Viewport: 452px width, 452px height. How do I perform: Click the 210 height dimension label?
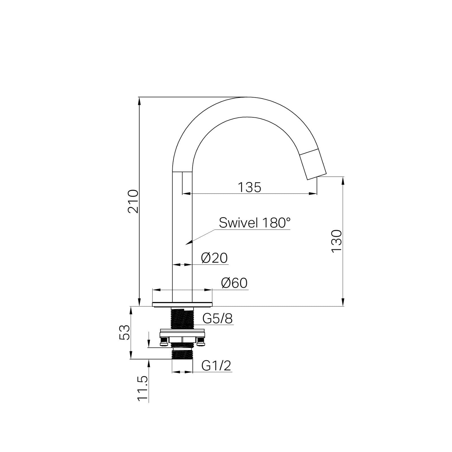click(x=133, y=201)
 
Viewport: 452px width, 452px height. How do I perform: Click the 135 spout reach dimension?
click(x=249, y=187)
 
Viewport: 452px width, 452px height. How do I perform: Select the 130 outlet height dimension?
click(x=336, y=241)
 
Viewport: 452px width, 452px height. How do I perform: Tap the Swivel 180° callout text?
click(x=254, y=223)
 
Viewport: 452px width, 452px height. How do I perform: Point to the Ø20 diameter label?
click(x=214, y=258)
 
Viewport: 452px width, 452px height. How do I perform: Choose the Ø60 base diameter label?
click(x=234, y=283)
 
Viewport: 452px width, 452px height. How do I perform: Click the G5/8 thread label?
click(x=217, y=319)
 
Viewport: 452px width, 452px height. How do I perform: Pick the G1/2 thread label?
click(x=216, y=366)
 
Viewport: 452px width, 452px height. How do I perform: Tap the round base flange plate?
click(x=182, y=304)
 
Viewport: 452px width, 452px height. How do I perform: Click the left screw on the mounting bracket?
click(x=163, y=343)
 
